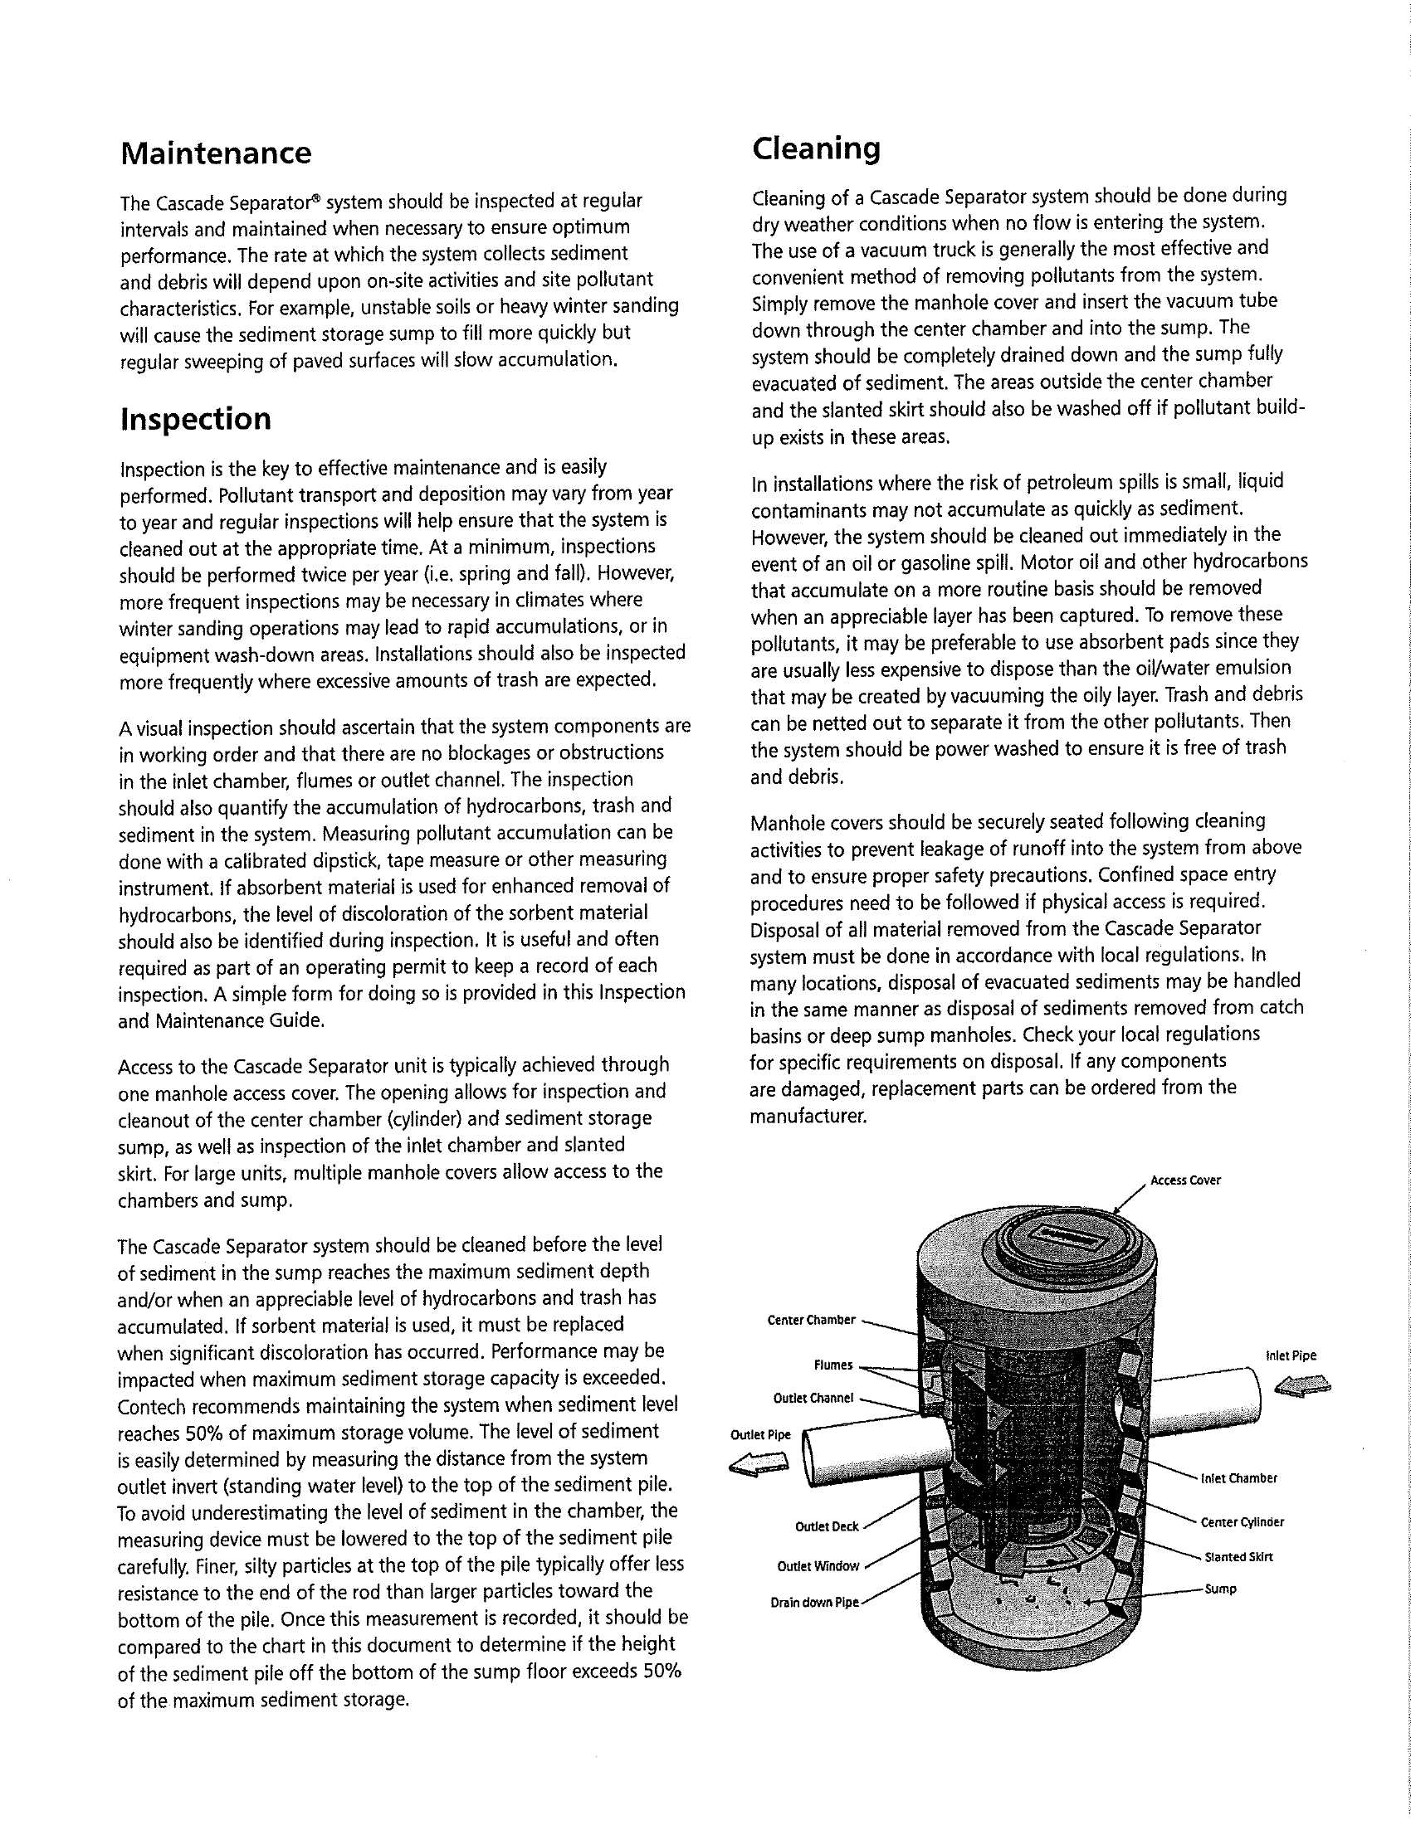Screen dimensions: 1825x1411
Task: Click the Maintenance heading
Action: tap(216, 153)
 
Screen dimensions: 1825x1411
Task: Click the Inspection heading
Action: tap(196, 419)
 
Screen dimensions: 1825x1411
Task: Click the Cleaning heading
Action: tap(816, 148)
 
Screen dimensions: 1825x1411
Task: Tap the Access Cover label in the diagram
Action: tap(1185, 1180)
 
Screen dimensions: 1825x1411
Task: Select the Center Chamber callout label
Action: tap(811, 1320)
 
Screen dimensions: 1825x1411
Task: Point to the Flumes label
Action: tap(832, 1365)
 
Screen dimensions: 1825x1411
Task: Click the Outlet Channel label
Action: tap(813, 1398)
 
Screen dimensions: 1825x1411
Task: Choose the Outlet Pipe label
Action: tap(759, 1435)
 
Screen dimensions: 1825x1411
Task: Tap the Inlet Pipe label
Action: tap(1291, 1355)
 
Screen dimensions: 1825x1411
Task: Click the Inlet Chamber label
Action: tap(1239, 1478)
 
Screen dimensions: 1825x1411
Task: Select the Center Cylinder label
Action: tap(1243, 1521)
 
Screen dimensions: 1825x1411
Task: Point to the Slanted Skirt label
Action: tap(1239, 1557)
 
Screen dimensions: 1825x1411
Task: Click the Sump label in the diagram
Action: tap(1220, 1589)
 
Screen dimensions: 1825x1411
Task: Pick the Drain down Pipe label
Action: tap(814, 1603)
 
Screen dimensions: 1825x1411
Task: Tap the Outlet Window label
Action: tap(818, 1566)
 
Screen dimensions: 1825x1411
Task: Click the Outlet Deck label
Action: tap(827, 1526)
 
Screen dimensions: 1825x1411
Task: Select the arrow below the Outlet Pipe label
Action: tap(759, 1463)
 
